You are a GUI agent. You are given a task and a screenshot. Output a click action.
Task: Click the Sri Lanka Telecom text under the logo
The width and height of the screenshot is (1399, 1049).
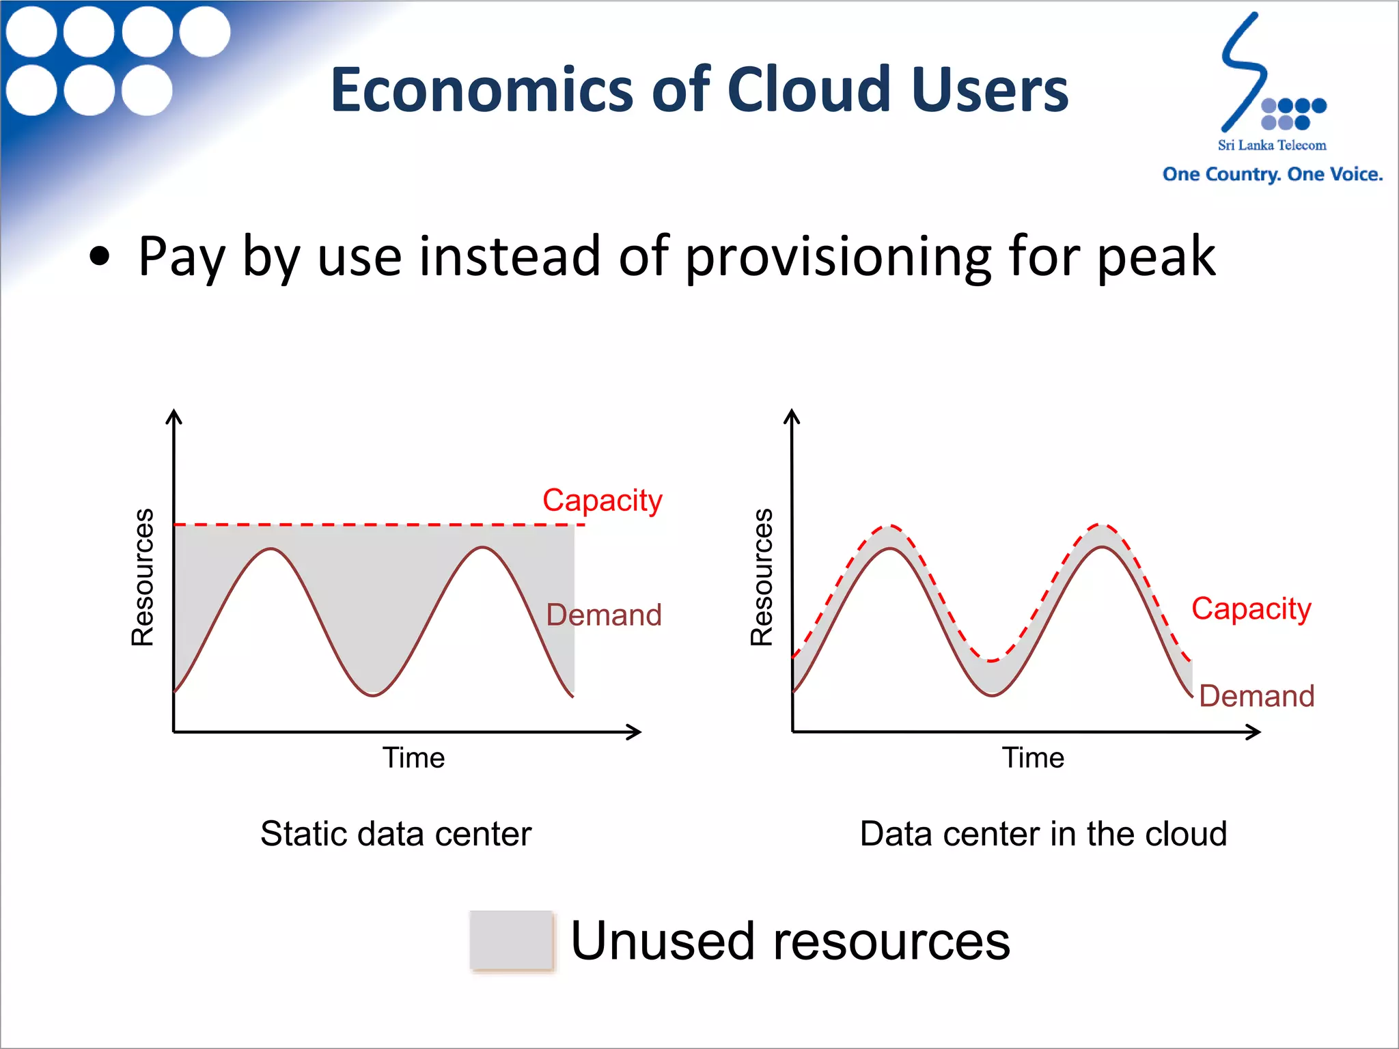[x=1271, y=145]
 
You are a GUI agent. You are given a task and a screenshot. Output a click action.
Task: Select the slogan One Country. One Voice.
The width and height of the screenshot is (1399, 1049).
[x=1272, y=174]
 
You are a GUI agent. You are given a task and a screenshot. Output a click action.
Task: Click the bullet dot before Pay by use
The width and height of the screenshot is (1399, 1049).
[x=100, y=256]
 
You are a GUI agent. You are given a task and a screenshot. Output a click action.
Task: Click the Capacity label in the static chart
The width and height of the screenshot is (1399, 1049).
[x=602, y=500]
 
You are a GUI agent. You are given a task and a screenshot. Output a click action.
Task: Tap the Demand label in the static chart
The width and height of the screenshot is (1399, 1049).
[x=604, y=615]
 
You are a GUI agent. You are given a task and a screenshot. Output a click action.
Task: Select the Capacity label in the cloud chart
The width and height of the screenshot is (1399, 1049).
[x=1251, y=608]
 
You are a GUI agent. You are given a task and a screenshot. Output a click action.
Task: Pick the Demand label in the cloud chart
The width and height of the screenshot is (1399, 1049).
[x=1256, y=696]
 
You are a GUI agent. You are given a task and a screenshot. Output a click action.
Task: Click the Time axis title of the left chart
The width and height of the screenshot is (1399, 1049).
[x=413, y=757]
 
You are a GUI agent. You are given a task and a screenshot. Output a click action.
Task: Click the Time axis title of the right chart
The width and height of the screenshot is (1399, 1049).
[x=1033, y=757]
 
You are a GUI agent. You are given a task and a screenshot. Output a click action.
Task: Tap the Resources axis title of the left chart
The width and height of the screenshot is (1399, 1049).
[x=143, y=577]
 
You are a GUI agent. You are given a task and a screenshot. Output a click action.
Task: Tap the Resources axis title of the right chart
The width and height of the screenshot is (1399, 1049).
[x=762, y=577]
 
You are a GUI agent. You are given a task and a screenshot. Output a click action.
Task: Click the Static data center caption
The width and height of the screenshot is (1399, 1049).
[x=396, y=833]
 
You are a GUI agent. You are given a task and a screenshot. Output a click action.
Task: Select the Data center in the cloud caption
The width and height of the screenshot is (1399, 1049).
[x=1043, y=833]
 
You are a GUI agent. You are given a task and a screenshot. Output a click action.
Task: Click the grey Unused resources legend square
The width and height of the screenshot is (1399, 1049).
[x=511, y=940]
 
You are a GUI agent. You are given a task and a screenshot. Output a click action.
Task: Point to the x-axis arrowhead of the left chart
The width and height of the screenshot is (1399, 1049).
[x=635, y=732]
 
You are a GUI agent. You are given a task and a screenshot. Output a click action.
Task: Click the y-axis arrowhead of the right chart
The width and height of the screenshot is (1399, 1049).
[x=792, y=416]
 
